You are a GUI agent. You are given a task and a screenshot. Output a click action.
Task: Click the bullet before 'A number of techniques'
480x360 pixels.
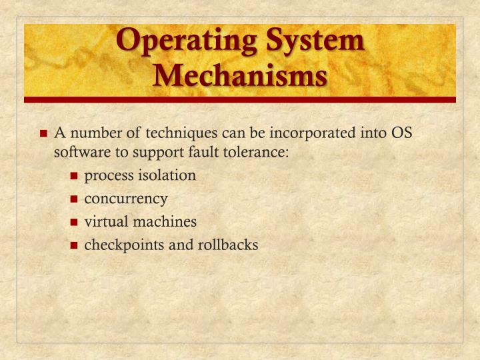(44, 133)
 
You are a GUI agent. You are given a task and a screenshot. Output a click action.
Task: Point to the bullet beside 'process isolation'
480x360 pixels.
(75, 177)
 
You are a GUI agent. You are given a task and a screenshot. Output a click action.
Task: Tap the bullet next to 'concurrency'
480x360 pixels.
(75, 199)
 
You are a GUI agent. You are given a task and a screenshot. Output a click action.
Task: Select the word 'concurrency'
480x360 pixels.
(126, 199)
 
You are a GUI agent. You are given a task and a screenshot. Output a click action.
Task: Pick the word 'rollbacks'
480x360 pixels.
(227, 245)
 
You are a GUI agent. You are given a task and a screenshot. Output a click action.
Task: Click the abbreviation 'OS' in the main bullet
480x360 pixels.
(401, 133)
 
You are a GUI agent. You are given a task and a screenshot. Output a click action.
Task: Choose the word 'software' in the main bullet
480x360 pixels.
(78, 152)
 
